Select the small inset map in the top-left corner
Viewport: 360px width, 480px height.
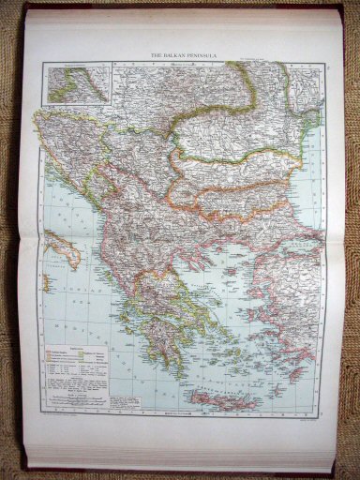click(77, 82)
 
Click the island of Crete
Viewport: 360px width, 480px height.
click(221, 401)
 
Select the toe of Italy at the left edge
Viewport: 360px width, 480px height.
click(46, 280)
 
